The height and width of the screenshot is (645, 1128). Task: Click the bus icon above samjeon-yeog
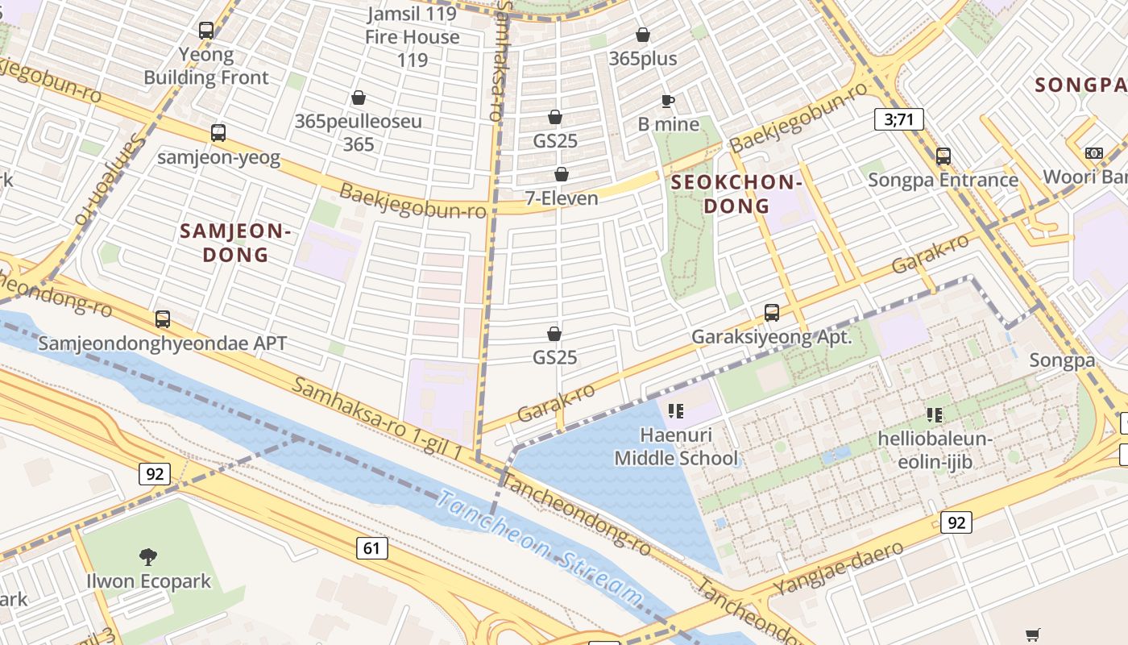[218, 133]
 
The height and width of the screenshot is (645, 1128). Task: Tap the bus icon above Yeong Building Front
[206, 31]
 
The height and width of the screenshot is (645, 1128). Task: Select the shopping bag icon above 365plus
[642, 35]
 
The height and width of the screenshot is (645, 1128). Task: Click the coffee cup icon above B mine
[667, 101]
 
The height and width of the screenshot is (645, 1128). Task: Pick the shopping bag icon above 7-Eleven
[562, 174]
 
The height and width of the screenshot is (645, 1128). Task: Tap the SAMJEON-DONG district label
[235, 243]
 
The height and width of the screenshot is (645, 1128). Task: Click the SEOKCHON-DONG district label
[736, 194]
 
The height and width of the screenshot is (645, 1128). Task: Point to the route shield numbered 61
[371, 549]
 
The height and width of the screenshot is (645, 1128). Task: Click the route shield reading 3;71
[898, 120]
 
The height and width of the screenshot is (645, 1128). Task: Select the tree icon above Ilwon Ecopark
[147, 556]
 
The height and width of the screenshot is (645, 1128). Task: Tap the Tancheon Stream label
[540, 548]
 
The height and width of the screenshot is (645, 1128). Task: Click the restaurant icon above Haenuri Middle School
[675, 412]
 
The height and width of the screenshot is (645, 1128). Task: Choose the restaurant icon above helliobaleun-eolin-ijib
[934, 415]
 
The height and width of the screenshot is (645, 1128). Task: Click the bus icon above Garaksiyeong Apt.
[771, 312]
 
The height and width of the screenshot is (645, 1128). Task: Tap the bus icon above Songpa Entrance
[943, 156]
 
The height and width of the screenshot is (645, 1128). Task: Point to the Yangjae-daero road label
[838, 568]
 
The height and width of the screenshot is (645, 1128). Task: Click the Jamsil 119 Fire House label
[413, 36]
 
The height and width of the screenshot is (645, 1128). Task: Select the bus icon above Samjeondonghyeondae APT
[163, 318]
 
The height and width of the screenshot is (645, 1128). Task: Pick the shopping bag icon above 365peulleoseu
[359, 98]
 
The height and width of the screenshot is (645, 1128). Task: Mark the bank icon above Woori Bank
[1093, 153]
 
